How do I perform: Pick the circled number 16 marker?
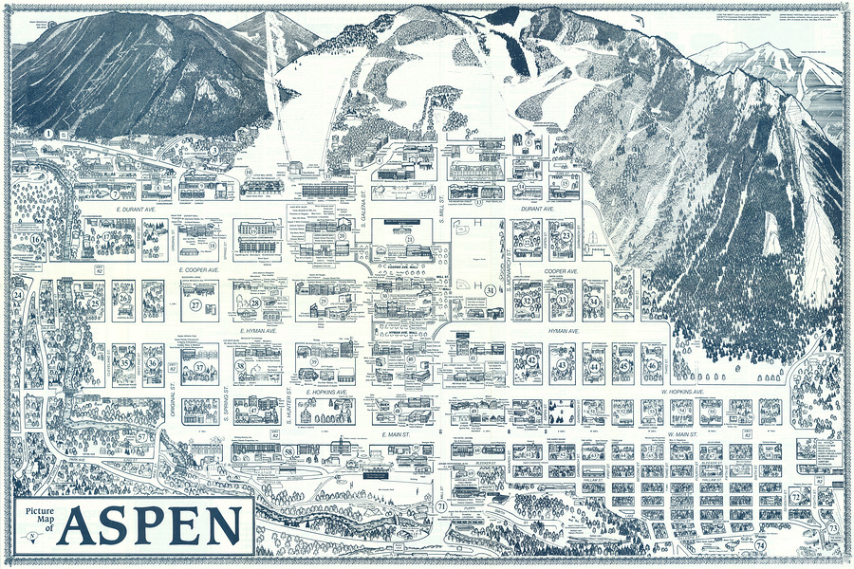pyautogui.click(x=35, y=240)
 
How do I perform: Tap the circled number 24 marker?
pyautogui.click(x=17, y=295)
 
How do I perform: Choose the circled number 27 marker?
pyautogui.click(x=196, y=305)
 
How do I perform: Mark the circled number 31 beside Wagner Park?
pyautogui.click(x=491, y=290)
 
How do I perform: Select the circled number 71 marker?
pyautogui.click(x=442, y=507)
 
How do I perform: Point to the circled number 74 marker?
pyautogui.click(x=760, y=546)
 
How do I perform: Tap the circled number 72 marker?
pyautogui.click(x=795, y=495)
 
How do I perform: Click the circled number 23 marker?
pyautogui.click(x=566, y=235)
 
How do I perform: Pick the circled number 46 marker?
pyautogui.click(x=652, y=365)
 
